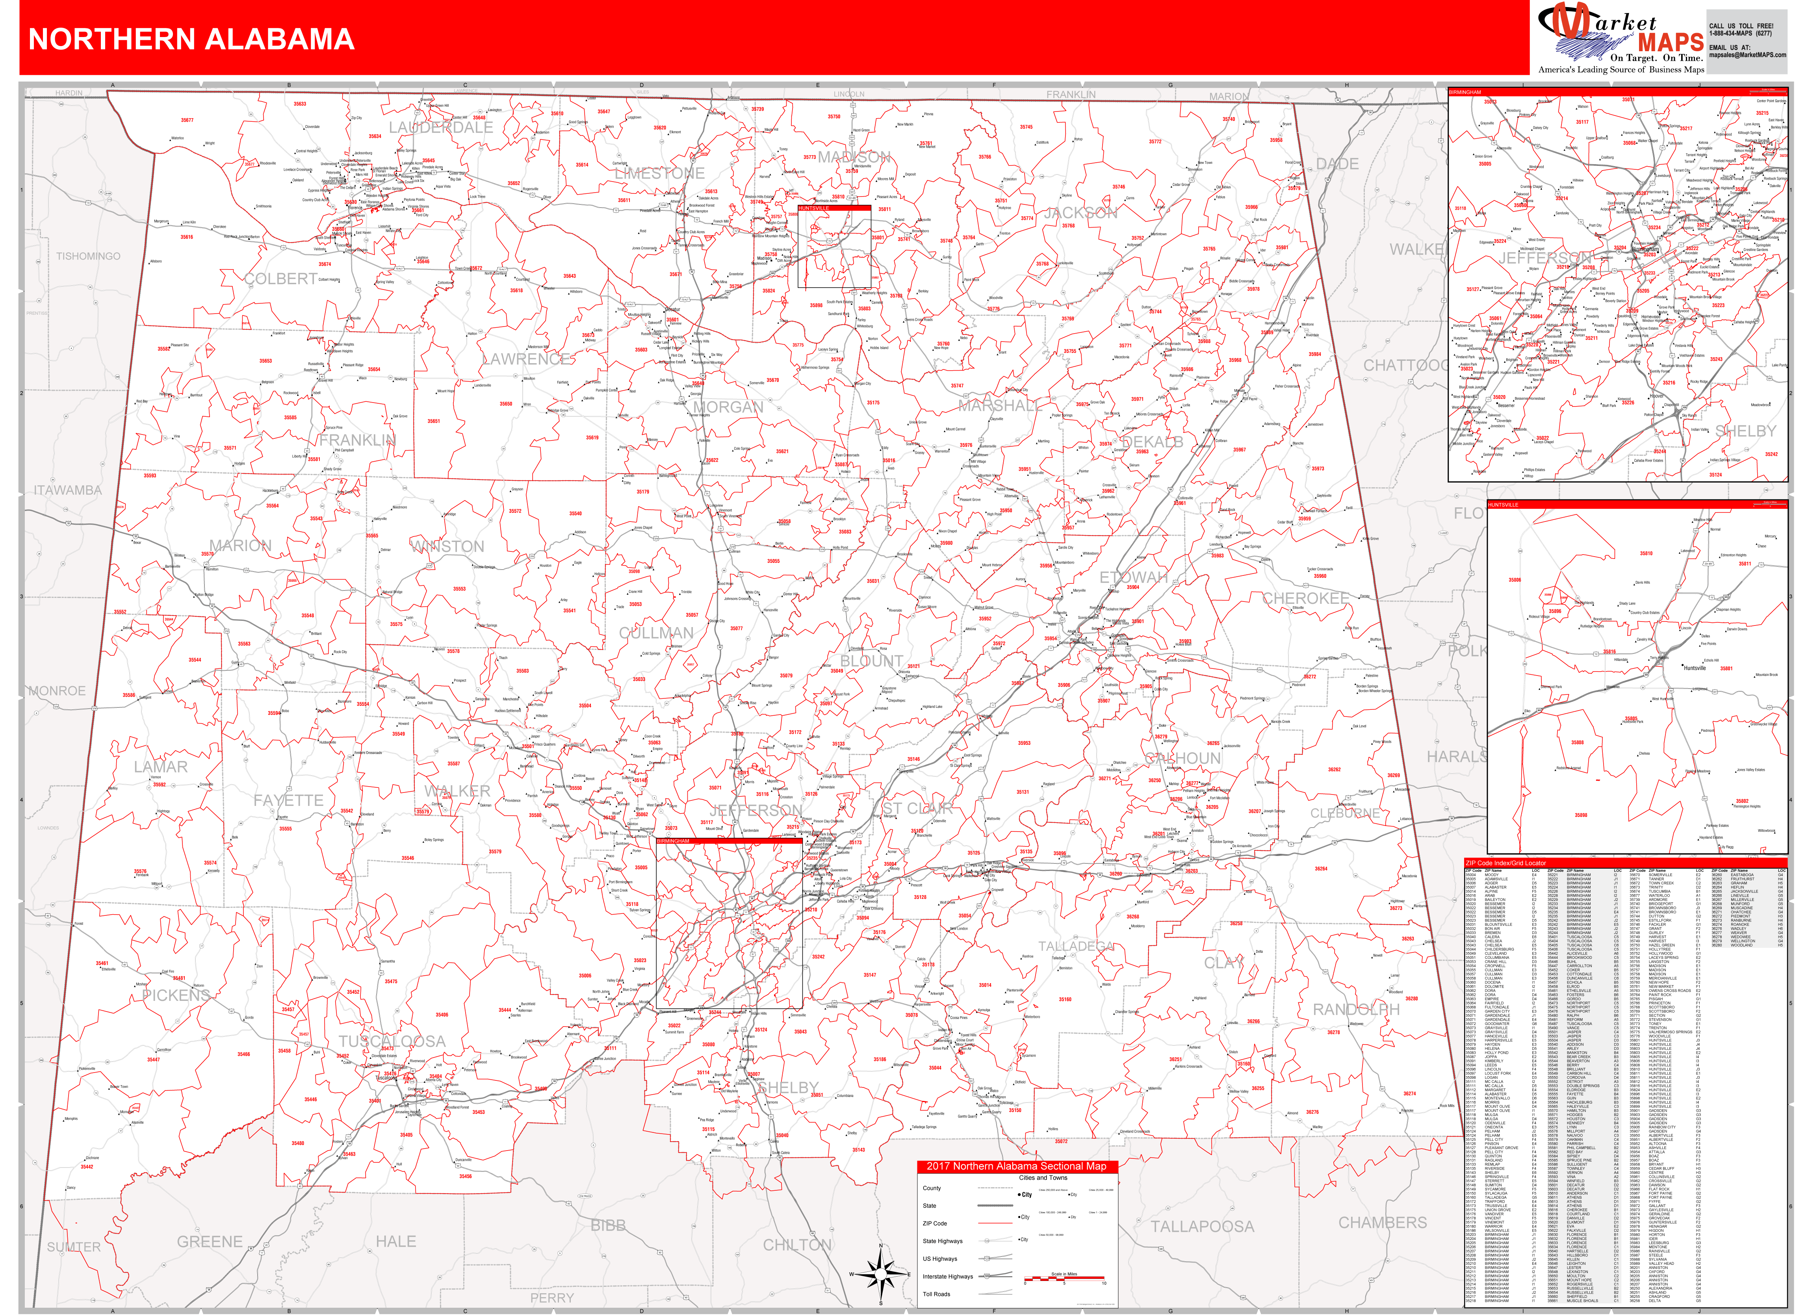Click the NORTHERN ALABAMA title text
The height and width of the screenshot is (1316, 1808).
point(191,39)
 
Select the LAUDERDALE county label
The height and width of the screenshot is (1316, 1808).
point(441,128)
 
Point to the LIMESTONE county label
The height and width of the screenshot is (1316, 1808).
point(659,173)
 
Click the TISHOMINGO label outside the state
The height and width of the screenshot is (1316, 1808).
point(89,256)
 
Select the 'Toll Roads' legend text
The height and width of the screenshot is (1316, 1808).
point(937,1294)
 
